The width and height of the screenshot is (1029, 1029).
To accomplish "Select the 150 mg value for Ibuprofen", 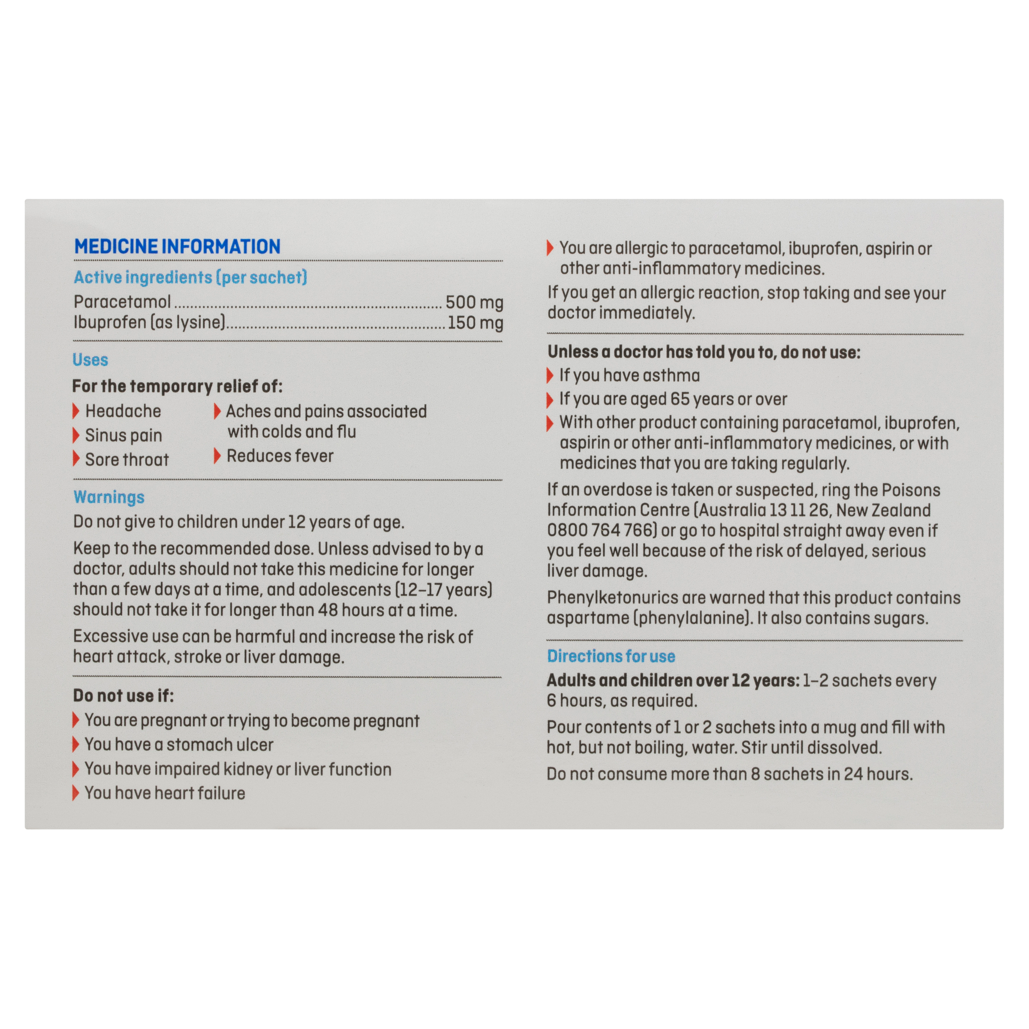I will pos(475,323).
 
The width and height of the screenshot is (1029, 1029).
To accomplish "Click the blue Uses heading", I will pos(90,360).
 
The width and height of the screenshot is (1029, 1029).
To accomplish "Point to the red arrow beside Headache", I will pos(76,411).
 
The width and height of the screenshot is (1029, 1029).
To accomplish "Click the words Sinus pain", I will pos(123,436).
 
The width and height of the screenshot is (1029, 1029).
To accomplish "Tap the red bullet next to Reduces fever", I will pos(217,456).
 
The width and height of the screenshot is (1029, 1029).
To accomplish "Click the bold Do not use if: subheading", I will pos(123,695).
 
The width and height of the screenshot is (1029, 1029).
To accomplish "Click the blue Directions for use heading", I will pos(611,656).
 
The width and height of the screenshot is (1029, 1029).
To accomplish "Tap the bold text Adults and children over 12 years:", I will pos(673,681).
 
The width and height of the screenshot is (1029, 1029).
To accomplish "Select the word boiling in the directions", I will pos(659,748).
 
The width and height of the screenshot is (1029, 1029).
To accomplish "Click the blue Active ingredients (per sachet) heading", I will pos(190,277).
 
